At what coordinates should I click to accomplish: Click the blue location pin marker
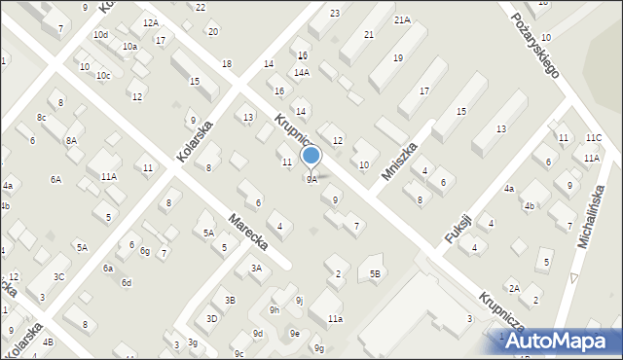tap(311, 157)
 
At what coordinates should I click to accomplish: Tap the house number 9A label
tap(311, 179)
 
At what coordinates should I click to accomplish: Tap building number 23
tap(335, 13)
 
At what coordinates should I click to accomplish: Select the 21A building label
tap(402, 19)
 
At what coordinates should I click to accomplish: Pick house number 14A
tap(302, 72)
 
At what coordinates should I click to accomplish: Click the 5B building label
tap(375, 274)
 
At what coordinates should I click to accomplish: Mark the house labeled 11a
tap(335, 318)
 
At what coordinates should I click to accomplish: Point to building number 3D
tap(211, 318)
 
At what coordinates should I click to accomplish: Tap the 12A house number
tap(150, 22)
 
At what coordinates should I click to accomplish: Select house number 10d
tap(100, 34)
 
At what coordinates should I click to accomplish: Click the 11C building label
tap(594, 138)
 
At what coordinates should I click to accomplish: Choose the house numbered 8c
tap(41, 117)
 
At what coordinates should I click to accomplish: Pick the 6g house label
tap(144, 251)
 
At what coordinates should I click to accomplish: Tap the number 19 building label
tap(398, 58)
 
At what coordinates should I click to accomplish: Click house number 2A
tap(514, 288)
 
